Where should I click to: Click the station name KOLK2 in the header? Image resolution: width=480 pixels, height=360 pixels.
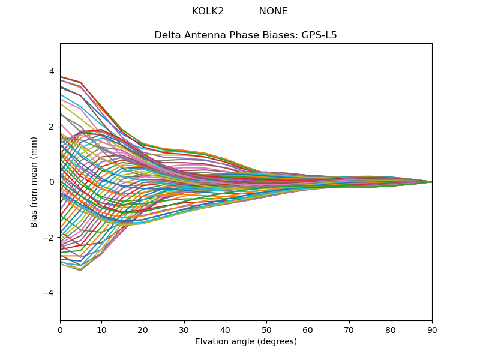point(208,11)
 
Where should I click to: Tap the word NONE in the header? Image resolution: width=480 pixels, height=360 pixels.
point(273,11)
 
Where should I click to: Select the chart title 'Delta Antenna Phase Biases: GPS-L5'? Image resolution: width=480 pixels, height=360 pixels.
point(245,35)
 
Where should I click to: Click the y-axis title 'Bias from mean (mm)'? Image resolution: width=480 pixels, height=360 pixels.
point(35,181)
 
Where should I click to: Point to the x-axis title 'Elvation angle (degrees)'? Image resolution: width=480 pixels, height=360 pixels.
point(245,342)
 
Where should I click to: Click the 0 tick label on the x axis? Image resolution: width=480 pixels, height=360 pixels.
point(60,329)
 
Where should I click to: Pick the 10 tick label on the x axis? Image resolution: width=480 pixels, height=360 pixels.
point(101,329)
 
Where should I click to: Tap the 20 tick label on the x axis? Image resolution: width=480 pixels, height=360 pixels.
point(143,329)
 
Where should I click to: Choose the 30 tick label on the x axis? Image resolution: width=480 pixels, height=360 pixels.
point(184,329)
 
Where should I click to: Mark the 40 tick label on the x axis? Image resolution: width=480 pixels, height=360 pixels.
point(225,329)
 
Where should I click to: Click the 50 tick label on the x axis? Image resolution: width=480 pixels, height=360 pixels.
point(266,329)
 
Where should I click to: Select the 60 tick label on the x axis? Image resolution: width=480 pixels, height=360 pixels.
point(308,329)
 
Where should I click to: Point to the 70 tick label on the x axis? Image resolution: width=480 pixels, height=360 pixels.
point(349,329)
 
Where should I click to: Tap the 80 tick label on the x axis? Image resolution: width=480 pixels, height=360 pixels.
point(391,329)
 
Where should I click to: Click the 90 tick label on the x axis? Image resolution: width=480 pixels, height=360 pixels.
point(432,329)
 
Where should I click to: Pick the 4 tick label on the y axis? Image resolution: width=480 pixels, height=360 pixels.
point(52,71)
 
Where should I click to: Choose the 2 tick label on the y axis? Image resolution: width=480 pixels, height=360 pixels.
point(52,127)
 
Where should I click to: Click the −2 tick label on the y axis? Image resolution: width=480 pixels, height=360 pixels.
point(49,238)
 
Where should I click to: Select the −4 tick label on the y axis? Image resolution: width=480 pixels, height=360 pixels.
point(49,293)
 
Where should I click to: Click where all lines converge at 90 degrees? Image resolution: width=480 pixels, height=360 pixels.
point(431,182)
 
